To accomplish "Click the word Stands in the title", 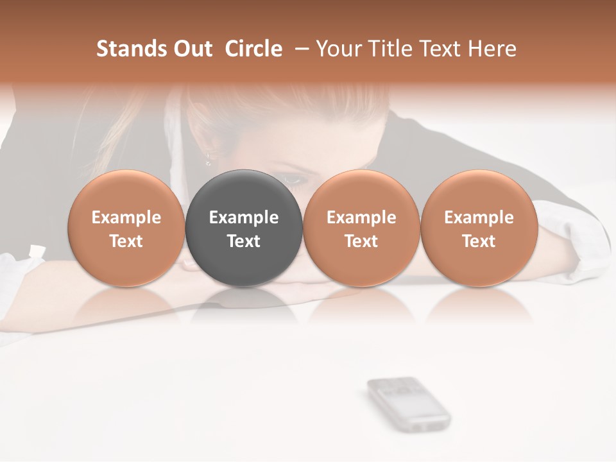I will click(132, 49).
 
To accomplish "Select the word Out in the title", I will click(193, 49).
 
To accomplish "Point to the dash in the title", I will click(300, 49).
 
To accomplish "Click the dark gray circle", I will click(244, 193).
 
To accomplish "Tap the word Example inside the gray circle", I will click(244, 218).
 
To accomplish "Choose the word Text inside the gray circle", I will click(244, 241).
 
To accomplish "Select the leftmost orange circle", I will click(126, 193).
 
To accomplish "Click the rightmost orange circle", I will click(479, 193).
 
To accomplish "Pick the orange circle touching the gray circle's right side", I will click(361, 193).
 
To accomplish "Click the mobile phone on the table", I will click(408, 402).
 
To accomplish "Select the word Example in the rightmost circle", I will click(479, 218).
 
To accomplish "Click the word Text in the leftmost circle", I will click(126, 241).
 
